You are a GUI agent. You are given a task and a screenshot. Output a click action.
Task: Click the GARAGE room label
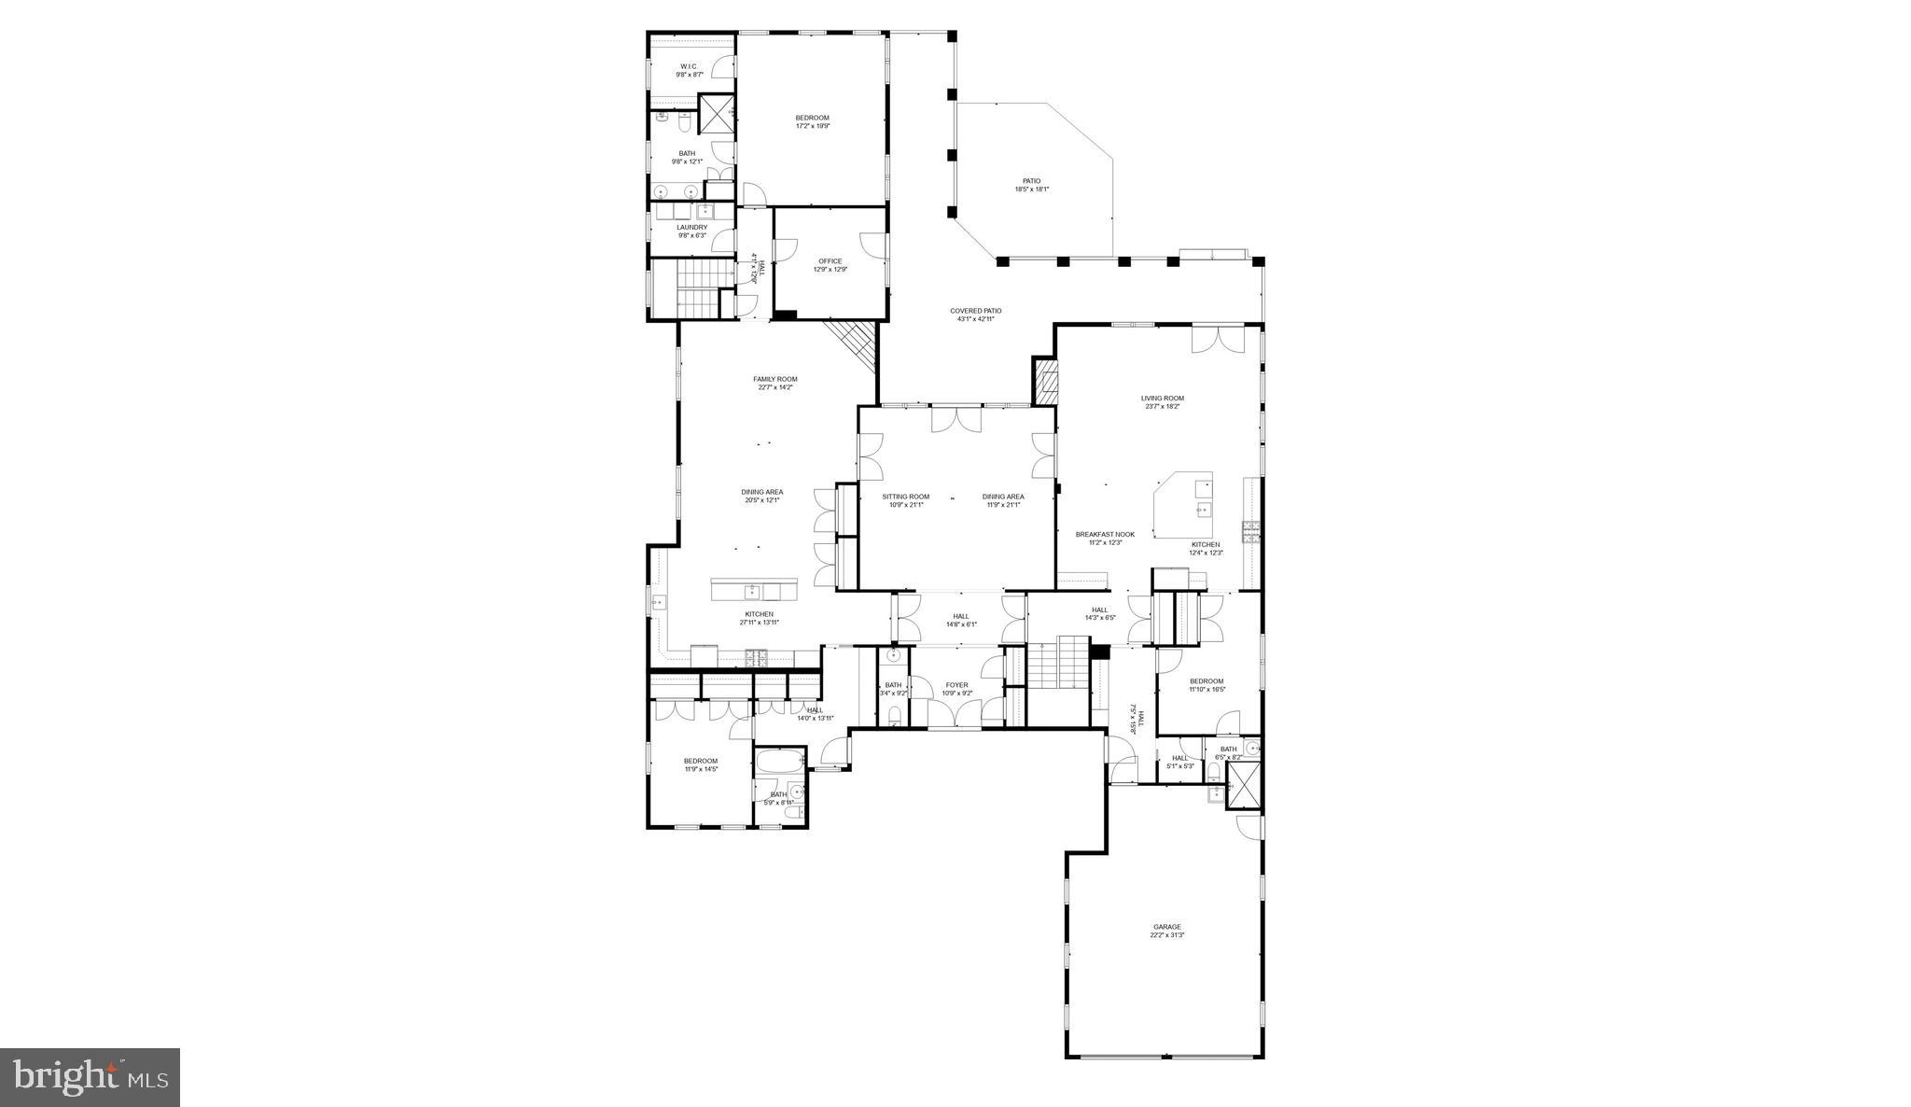(1166, 927)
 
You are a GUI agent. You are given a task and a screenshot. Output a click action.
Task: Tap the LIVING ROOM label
(1162, 399)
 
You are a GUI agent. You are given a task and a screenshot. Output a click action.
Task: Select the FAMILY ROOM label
(774, 379)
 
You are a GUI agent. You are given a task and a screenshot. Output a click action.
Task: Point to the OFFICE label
(830, 261)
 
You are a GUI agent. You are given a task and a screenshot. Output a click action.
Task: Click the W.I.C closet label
(689, 66)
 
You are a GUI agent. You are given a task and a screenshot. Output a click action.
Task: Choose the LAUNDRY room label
(691, 227)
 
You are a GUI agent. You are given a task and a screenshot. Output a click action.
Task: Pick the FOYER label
(956, 685)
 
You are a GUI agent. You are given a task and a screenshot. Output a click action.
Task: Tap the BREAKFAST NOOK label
(1105, 535)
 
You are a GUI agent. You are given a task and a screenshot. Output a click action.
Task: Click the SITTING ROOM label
(905, 497)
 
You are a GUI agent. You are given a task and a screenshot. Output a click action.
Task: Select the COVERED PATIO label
(975, 311)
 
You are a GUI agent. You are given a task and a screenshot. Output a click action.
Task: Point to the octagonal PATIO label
(1031, 181)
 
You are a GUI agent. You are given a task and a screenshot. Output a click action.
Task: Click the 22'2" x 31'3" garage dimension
(1166, 935)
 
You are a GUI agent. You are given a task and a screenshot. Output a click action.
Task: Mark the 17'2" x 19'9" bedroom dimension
(812, 126)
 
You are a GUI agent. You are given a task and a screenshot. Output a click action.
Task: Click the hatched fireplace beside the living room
(1045, 382)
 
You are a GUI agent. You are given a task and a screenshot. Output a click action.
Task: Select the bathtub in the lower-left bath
(779, 762)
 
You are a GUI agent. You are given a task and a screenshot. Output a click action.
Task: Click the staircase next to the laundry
(699, 289)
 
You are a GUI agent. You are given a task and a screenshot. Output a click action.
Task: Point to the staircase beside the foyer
(1058, 664)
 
